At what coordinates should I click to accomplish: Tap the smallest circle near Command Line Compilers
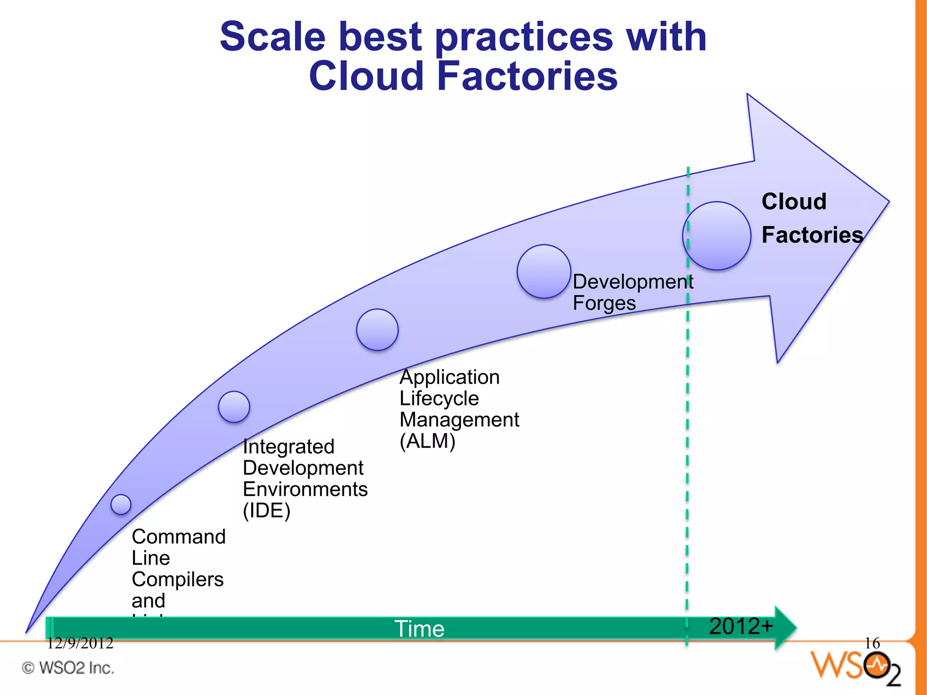pyautogui.click(x=121, y=504)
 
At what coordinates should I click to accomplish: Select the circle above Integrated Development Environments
pyautogui.click(x=234, y=407)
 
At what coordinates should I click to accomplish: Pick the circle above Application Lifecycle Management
pyautogui.click(x=377, y=330)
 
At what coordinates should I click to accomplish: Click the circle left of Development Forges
pyautogui.click(x=544, y=271)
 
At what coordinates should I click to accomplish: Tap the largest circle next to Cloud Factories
pyautogui.click(x=717, y=236)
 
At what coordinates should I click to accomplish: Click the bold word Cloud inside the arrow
pyautogui.click(x=794, y=201)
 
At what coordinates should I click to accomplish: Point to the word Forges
pyautogui.click(x=604, y=303)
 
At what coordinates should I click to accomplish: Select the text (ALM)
pyautogui.click(x=427, y=441)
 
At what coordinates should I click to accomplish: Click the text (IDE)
pyautogui.click(x=266, y=511)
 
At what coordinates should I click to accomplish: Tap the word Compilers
pyautogui.click(x=177, y=580)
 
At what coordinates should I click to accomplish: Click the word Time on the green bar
pyautogui.click(x=420, y=629)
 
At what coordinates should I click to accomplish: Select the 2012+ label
pyautogui.click(x=741, y=626)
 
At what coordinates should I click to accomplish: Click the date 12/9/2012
pyautogui.click(x=80, y=643)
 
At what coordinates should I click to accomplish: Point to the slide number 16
pyautogui.click(x=872, y=643)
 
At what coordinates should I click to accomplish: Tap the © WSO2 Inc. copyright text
pyautogui.click(x=68, y=668)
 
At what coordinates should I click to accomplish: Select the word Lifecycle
pyautogui.click(x=439, y=399)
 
